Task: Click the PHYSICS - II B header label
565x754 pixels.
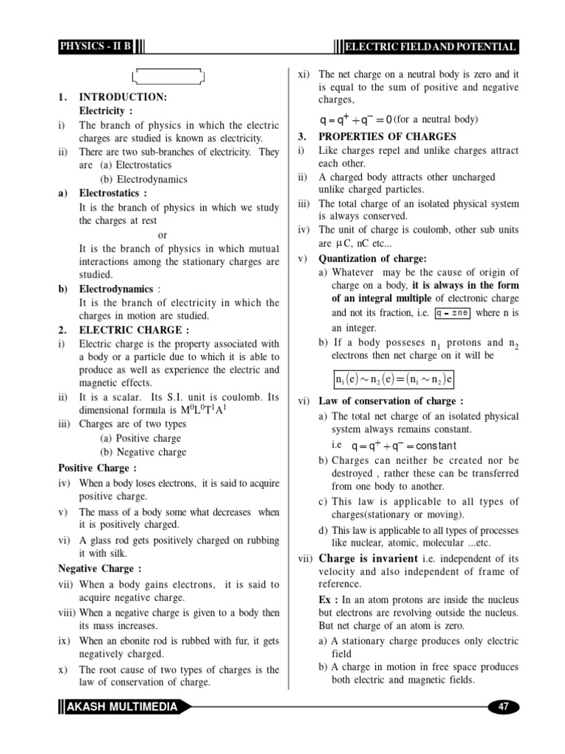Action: point(96,47)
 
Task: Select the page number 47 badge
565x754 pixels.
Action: point(504,707)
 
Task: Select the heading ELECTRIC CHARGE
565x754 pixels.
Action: point(133,329)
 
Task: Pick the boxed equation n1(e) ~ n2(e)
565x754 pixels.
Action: point(394,379)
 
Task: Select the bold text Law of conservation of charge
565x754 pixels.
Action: point(390,401)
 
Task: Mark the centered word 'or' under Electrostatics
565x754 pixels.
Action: point(163,235)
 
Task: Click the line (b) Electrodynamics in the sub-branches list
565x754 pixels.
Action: point(143,179)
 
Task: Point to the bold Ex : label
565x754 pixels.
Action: point(328,599)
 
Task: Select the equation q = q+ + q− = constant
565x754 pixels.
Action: point(404,446)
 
